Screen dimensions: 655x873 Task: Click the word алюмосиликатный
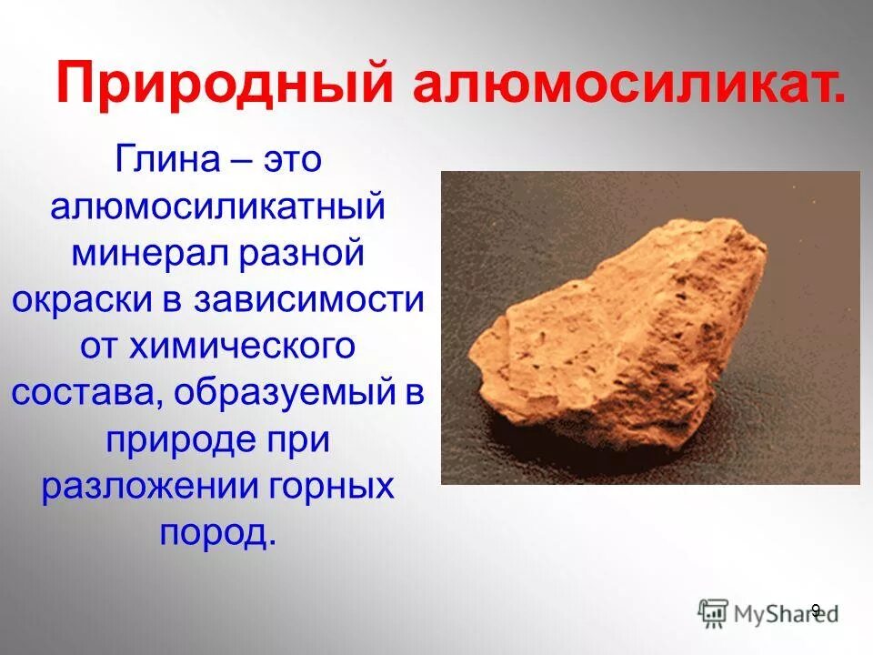point(218,207)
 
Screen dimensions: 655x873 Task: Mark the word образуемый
point(282,393)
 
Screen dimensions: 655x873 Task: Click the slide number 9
point(815,610)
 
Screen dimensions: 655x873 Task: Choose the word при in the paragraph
point(296,440)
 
